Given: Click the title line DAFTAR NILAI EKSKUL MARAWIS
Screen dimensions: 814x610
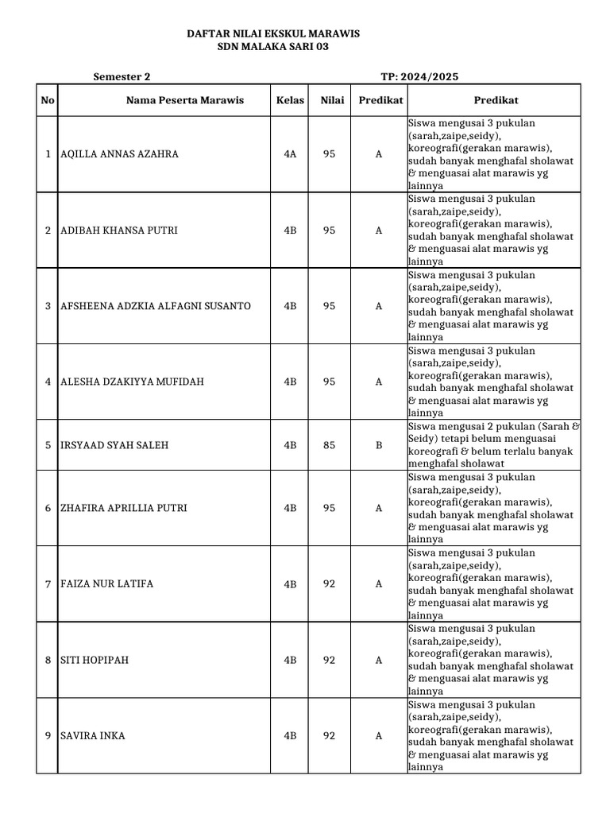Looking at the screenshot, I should (x=272, y=33).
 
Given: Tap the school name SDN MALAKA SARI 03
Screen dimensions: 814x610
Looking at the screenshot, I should (x=272, y=47).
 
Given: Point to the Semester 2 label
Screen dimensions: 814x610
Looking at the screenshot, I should (x=122, y=77).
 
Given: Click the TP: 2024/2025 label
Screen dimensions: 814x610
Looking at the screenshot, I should (x=419, y=77).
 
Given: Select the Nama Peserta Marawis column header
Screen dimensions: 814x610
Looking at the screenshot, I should (x=185, y=100).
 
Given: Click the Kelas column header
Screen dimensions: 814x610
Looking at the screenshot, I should (x=290, y=100).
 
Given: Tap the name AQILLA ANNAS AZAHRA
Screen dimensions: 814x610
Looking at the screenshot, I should (x=119, y=154).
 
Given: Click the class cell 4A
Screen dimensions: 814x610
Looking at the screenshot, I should (x=290, y=154).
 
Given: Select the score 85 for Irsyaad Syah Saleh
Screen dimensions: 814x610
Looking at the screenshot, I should (x=329, y=445).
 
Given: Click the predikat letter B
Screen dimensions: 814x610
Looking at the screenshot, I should (x=379, y=445).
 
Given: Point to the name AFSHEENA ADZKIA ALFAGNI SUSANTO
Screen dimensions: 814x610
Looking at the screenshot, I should (x=156, y=306).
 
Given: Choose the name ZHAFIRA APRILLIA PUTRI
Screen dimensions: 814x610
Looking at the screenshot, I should (x=124, y=508).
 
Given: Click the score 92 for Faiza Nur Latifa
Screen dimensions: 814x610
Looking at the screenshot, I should (x=329, y=584).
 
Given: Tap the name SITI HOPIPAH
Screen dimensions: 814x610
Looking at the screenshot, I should (x=95, y=660).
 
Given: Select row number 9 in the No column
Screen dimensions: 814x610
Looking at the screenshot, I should (x=48, y=736).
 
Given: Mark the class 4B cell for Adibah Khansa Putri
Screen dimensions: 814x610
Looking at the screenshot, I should (x=290, y=231).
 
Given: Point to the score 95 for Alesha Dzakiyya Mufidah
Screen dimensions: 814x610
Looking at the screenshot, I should (x=329, y=382).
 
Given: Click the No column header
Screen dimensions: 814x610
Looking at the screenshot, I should (x=48, y=100).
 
